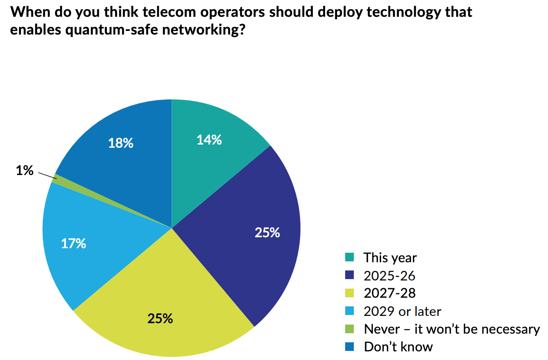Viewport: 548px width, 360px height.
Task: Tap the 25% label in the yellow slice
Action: (x=160, y=318)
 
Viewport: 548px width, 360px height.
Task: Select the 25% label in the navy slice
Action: (x=267, y=233)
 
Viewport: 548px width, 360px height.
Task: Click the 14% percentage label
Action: (x=209, y=140)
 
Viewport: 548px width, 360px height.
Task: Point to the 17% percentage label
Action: (x=74, y=244)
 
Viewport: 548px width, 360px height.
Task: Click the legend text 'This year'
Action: (x=390, y=258)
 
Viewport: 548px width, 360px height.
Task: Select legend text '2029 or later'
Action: (x=402, y=311)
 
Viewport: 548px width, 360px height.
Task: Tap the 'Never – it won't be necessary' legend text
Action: (x=452, y=329)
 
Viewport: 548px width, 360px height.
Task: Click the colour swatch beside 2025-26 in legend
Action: (x=350, y=275)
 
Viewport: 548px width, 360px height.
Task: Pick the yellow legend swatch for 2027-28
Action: (x=350, y=293)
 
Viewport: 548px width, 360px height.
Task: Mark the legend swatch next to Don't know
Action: (x=350, y=347)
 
